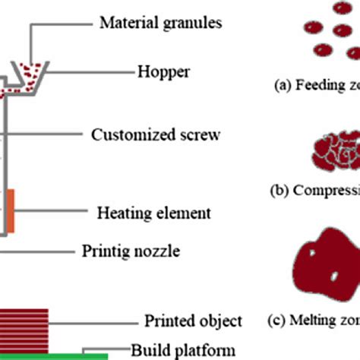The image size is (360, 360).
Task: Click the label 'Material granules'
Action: click(x=160, y=23)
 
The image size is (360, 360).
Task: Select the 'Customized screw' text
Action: click(x=156, y=135)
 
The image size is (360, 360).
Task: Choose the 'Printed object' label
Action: click(x=193, y=321)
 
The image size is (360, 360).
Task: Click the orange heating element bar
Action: click(x=11, y=210)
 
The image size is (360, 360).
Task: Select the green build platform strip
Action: click(x=53, y=355)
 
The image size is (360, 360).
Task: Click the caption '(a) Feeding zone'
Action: click(x=316, y=86)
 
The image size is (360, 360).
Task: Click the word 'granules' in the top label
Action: click(x=195, y=24)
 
